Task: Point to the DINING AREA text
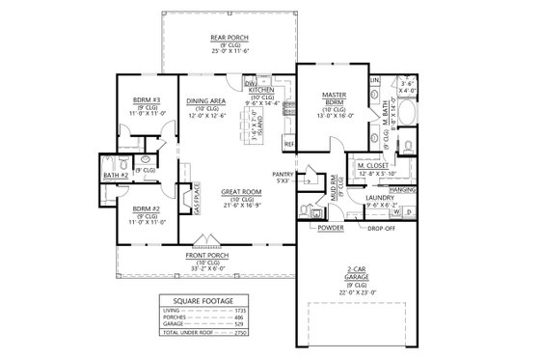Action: [206, 100]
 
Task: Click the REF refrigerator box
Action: [288, 144]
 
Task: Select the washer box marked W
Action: [395, 210]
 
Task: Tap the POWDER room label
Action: [330, 228]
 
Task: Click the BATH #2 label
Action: [115, 176]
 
